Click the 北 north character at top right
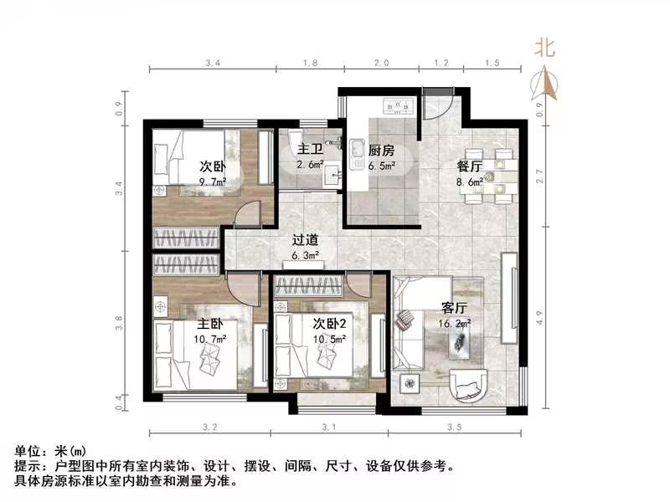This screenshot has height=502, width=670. click(545, 48)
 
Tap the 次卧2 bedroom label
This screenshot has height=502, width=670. click(330, 323)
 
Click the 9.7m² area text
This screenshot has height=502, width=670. click(213, 181)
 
